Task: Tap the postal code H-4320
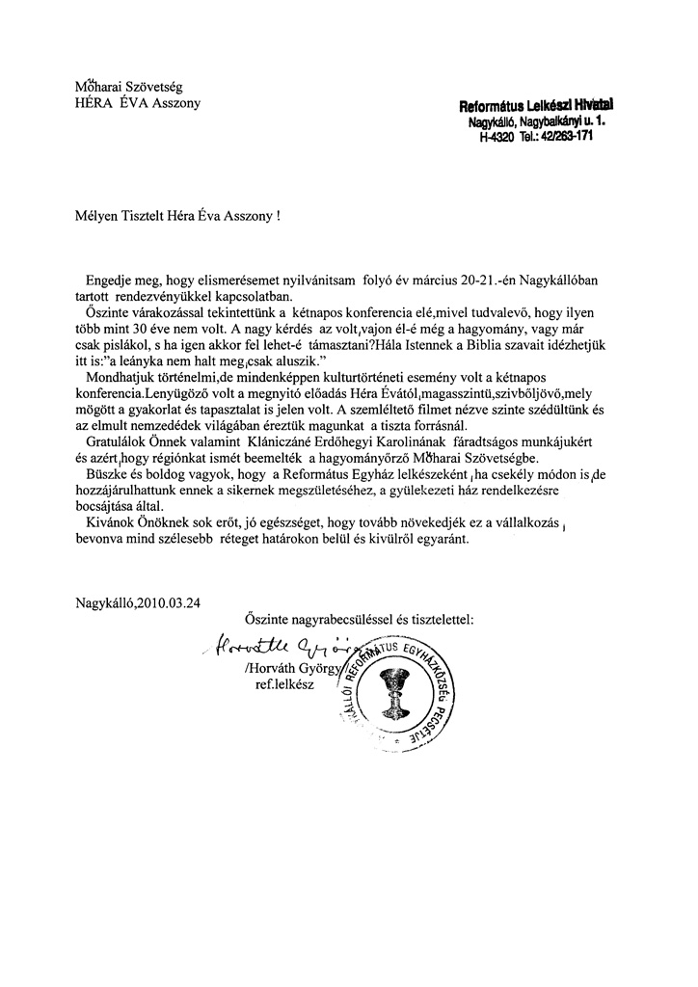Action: tap(499, 137)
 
